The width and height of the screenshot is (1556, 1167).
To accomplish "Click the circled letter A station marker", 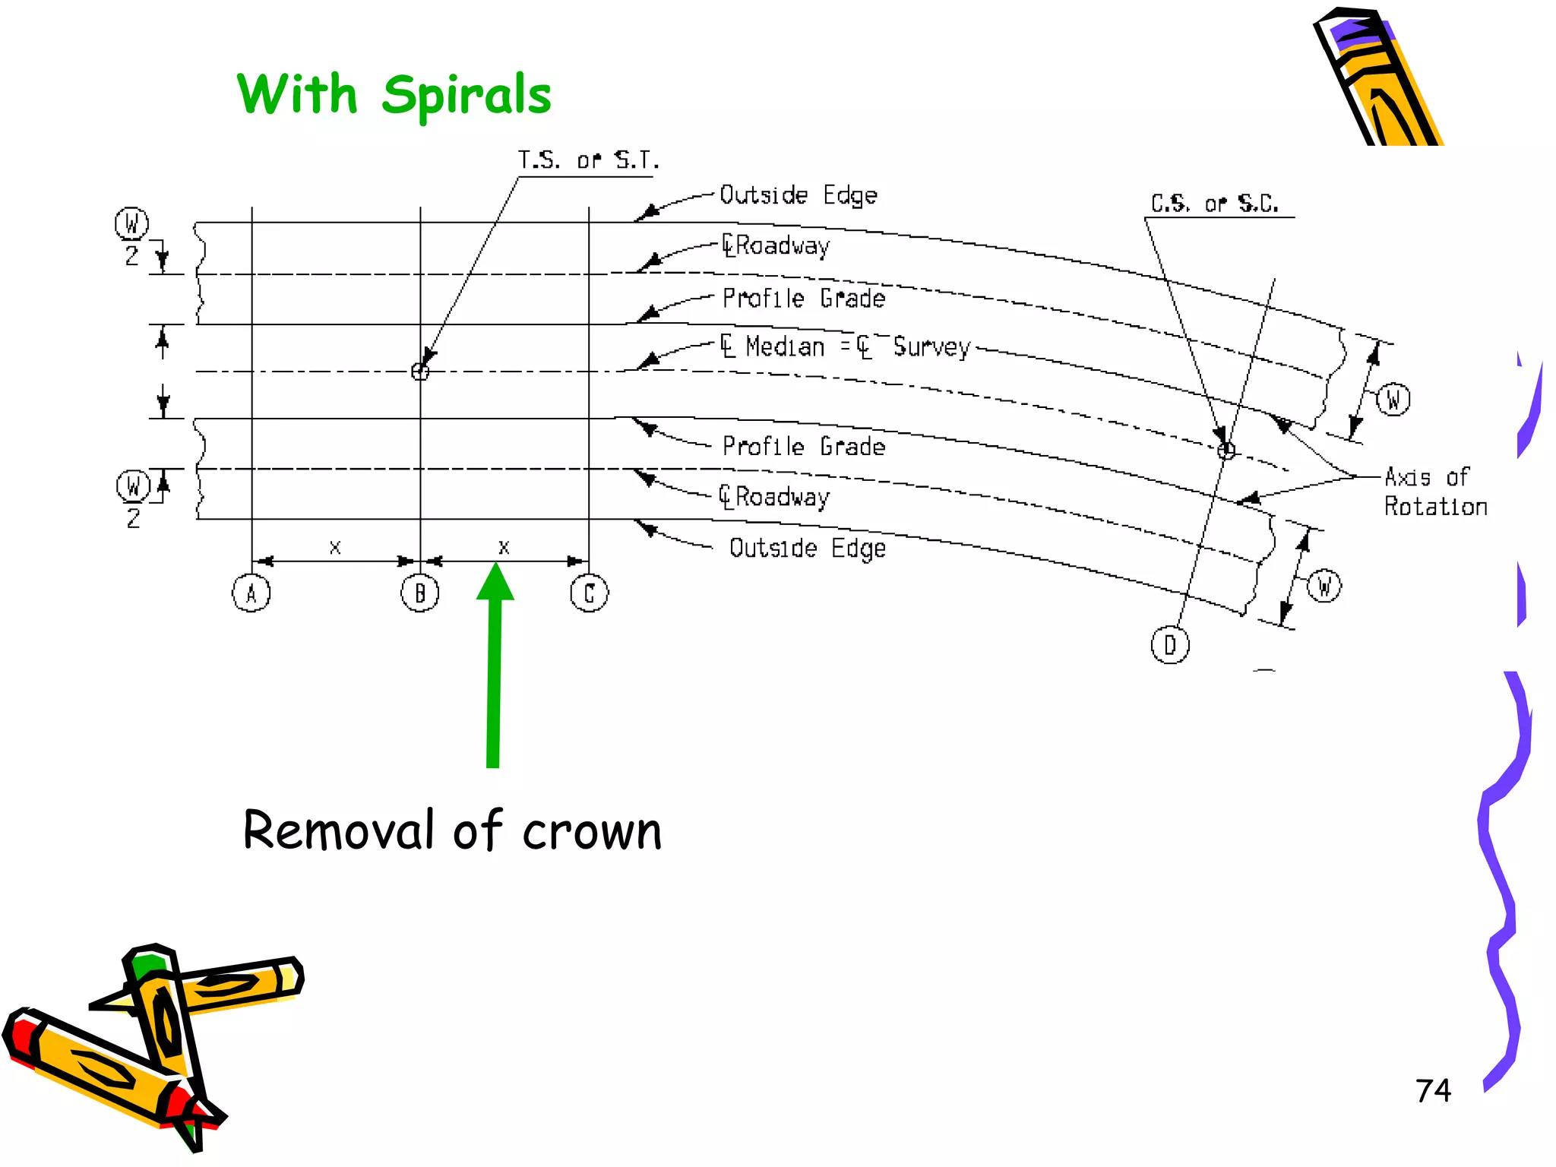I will click(251, 593).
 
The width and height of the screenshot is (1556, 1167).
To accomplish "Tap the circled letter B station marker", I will click(420, 593).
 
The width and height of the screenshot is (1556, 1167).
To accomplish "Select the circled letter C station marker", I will click(589, 593).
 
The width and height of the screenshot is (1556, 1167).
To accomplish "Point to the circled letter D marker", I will click(1170, 645).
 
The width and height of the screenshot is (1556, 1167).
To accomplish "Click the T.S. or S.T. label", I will click(588, 161).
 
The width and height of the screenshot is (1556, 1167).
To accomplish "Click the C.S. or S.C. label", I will click(1214, 204).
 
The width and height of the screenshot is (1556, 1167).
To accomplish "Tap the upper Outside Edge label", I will click(798, 195).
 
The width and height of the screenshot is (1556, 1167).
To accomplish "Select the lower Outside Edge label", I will click(807, 548).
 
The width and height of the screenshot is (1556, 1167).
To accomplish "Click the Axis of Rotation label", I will click(1434, 492).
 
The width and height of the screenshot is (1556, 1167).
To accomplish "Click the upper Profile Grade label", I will click(803, 298).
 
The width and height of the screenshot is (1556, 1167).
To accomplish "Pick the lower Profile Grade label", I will click(803, 446).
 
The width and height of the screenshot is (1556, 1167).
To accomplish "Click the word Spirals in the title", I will click(466, 96).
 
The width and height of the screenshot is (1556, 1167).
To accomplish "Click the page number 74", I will click(1433, 1091).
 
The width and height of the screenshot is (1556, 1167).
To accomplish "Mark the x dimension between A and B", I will click(335, 547).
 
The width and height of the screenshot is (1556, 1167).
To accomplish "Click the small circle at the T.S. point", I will click(420, 372).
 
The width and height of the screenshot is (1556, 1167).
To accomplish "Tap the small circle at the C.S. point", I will click(1226, 451).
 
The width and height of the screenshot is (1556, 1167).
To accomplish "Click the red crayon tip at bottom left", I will click(18, 1035).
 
